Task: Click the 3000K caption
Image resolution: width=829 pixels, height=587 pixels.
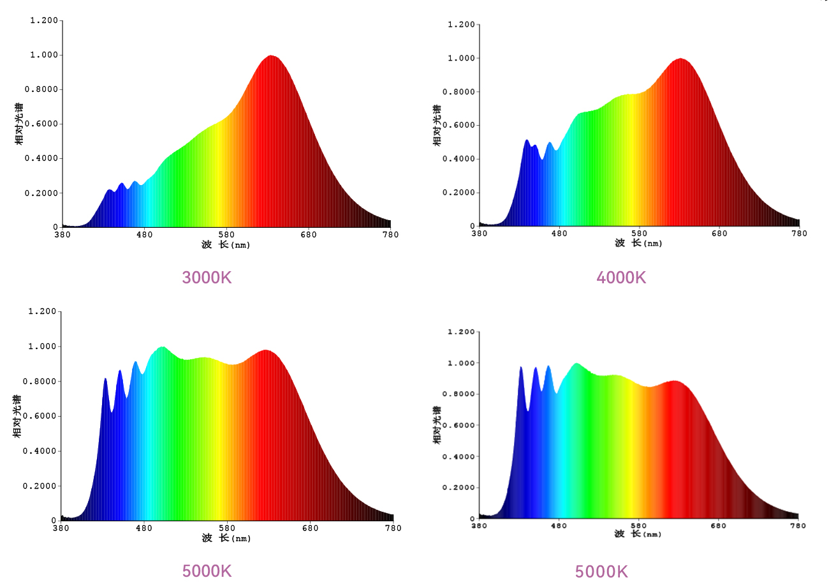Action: (x=207, y=278)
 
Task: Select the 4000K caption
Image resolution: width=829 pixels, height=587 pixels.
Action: (x=621, y=278)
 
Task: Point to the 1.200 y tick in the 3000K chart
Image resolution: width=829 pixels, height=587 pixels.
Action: (x=44, y=20)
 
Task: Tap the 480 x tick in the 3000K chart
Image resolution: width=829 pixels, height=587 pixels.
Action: (x=145, y=235)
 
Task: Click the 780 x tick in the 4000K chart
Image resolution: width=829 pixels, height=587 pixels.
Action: (x=799, y=234)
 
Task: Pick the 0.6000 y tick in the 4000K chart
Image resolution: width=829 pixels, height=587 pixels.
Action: (x=459, y=125)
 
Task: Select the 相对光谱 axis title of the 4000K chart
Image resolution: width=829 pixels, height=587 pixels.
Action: (x=437, y=125)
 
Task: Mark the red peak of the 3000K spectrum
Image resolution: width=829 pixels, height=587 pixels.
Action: (x=271, y=56)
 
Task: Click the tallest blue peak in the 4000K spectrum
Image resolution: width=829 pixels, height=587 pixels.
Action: (x=527, y=140)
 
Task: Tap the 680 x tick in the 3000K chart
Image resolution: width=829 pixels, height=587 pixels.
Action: (x=309, y=235)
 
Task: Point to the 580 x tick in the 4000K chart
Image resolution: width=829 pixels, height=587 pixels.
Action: (x=640, y=234)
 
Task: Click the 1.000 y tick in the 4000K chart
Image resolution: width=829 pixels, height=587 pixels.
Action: (x=461, y=58)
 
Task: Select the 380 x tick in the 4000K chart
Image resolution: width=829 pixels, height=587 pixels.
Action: (x=479, y=234)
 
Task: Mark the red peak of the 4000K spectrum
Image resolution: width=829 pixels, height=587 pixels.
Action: (x=680, y=59)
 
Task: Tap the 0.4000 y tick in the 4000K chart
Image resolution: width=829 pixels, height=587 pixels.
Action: (x=459, y=159)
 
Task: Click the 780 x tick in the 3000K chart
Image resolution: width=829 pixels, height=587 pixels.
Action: (x=390, y=235)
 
